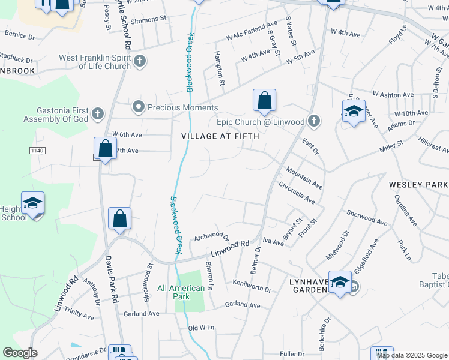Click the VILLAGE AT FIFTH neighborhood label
click(x=220, y=136)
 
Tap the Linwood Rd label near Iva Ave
click(x=229, y=246)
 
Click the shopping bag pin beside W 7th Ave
click(x=105, y=149)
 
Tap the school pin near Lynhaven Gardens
click(x=340, y=283)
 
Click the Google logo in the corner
click(x=20, y=353)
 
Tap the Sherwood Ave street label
click(x=368, y=217)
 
